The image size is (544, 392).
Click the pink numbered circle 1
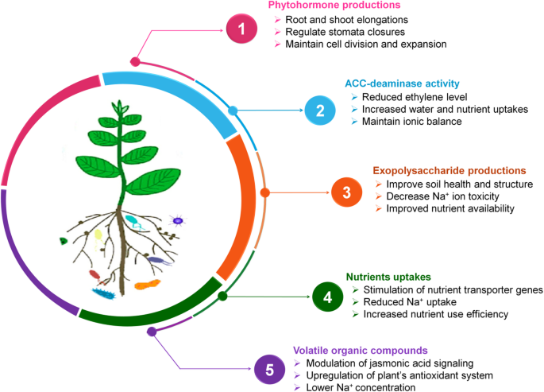tap(239, 31)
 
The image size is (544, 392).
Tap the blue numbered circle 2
tap(320, 110)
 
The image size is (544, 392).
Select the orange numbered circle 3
tap(346, 192)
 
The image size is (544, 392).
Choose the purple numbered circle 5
tap(269, 368)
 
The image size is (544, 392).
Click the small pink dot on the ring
tap(136, 61)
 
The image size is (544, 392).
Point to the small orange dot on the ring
tap(265, 192)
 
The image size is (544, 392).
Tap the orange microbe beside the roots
tap(147, 283)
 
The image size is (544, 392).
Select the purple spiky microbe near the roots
tap(178, 220)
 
